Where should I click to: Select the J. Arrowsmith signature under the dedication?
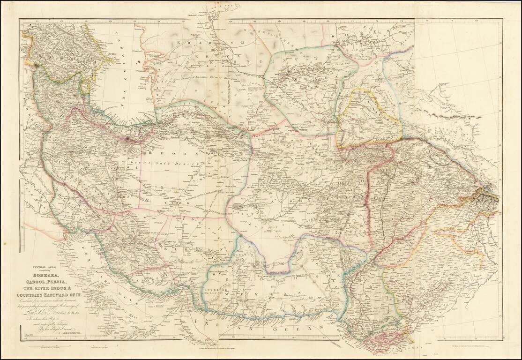point(52,330)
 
